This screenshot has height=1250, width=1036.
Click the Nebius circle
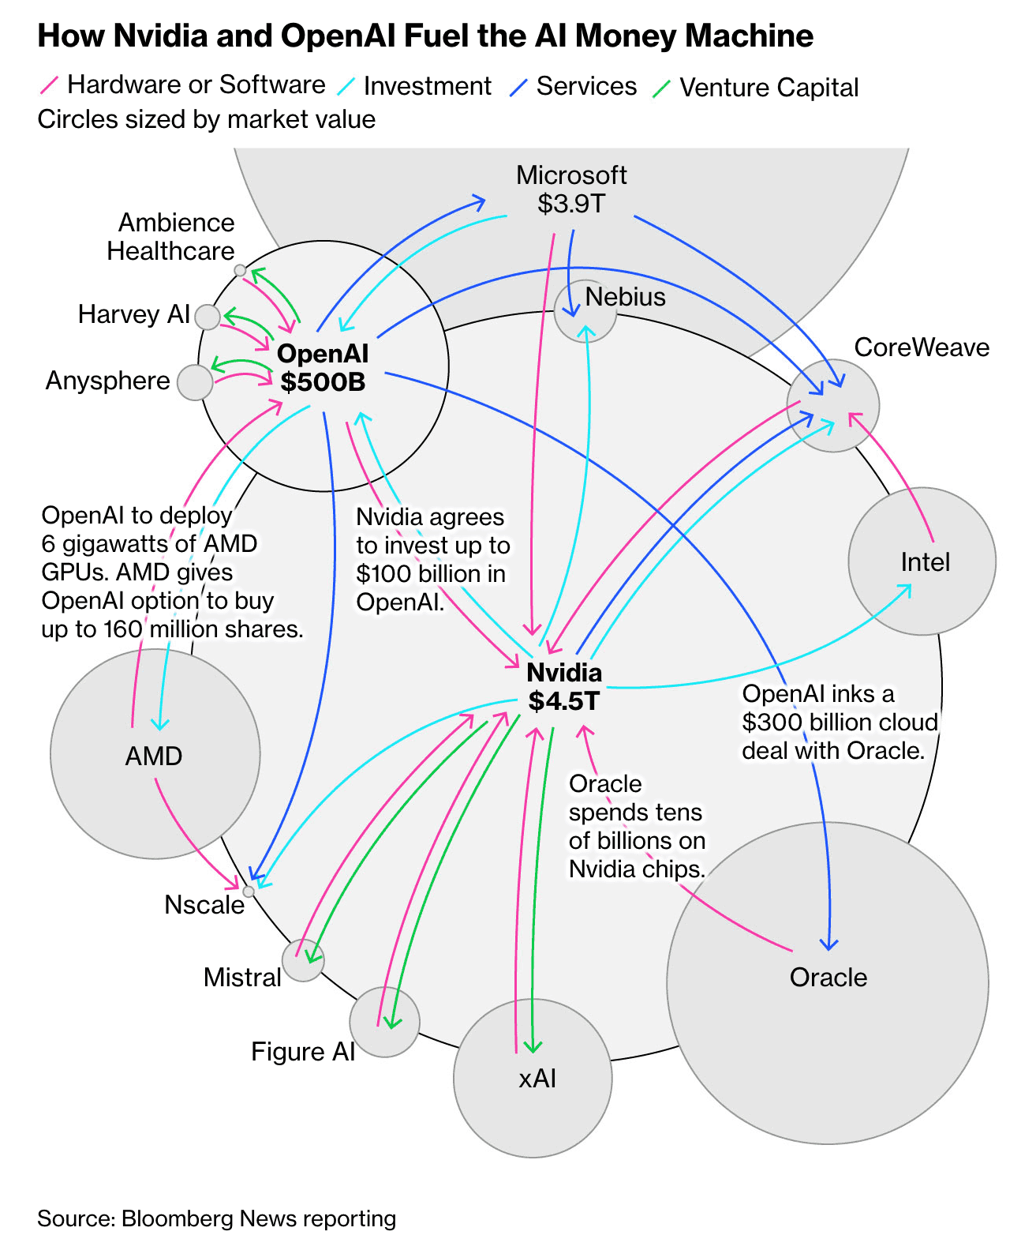tap(585, 310)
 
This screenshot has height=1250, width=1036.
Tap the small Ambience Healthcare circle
tap(240, 271)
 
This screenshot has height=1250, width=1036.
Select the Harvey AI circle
tap(208, 317)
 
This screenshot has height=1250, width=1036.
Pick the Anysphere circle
tap(195, 382)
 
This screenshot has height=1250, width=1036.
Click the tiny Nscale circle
tap(249, 892)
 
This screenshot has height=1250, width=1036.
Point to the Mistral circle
tap(303, 960)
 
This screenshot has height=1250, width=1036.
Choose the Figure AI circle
tap(384, 1022)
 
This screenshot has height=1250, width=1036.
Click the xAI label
tap(537, 1079)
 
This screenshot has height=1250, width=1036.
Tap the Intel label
tap(925, 562)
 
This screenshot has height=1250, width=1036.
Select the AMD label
tap(154, 756)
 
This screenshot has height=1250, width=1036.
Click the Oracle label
tap(828, 978)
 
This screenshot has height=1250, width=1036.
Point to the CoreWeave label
tap(921, 347)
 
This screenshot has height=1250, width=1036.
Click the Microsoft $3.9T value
tap(571, 204)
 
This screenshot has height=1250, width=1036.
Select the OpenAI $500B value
tap(323, 382)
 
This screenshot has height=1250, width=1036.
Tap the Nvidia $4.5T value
tap(563, 700)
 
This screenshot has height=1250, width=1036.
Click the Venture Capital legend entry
tap(756, 88)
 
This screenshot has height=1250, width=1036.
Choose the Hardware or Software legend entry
tap(182, 85)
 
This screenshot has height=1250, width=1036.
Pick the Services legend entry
tap(573, 86)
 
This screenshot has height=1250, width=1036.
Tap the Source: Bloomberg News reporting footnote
tap(216, 1219)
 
